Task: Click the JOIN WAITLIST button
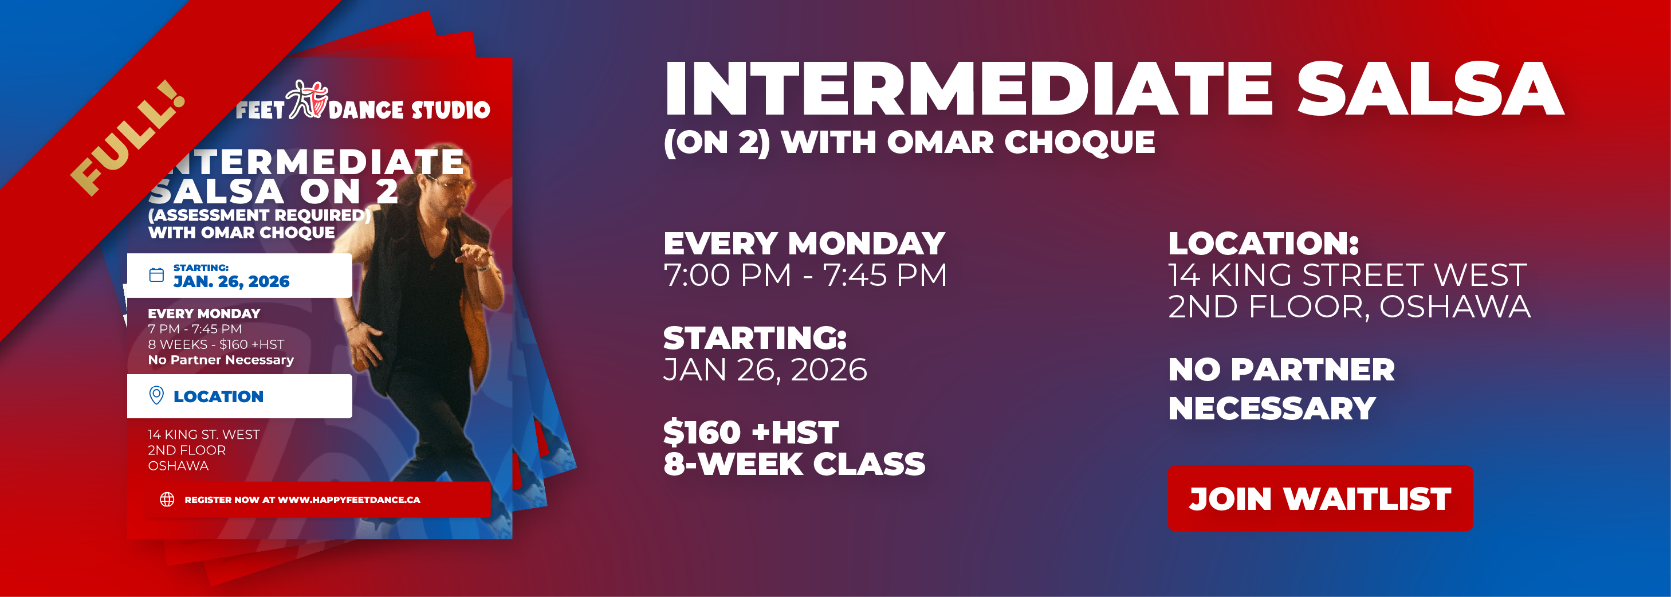coord(1320,498)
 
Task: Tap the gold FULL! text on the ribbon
coord(128,137)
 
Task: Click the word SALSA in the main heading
coord(1430,89)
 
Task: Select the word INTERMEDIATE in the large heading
coord(969,89)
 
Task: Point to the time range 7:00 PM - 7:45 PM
coord(805,275)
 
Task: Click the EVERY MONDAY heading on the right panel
coord(804,244)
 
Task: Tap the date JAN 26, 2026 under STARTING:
coord(765,370)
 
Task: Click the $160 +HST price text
coord(751,432)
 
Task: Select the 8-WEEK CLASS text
coord(795,464)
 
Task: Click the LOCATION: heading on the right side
coord(1264,244)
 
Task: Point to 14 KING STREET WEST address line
coord(1347,275)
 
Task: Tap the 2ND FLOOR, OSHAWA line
coord(1349,307)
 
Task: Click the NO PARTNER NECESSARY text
coord(1281,388)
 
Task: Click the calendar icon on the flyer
coord(156,275)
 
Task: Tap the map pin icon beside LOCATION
coord(156,395)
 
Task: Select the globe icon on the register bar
coord(167,499)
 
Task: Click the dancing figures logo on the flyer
coord(308,99)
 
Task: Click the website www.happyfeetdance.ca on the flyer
coord(349,500)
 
